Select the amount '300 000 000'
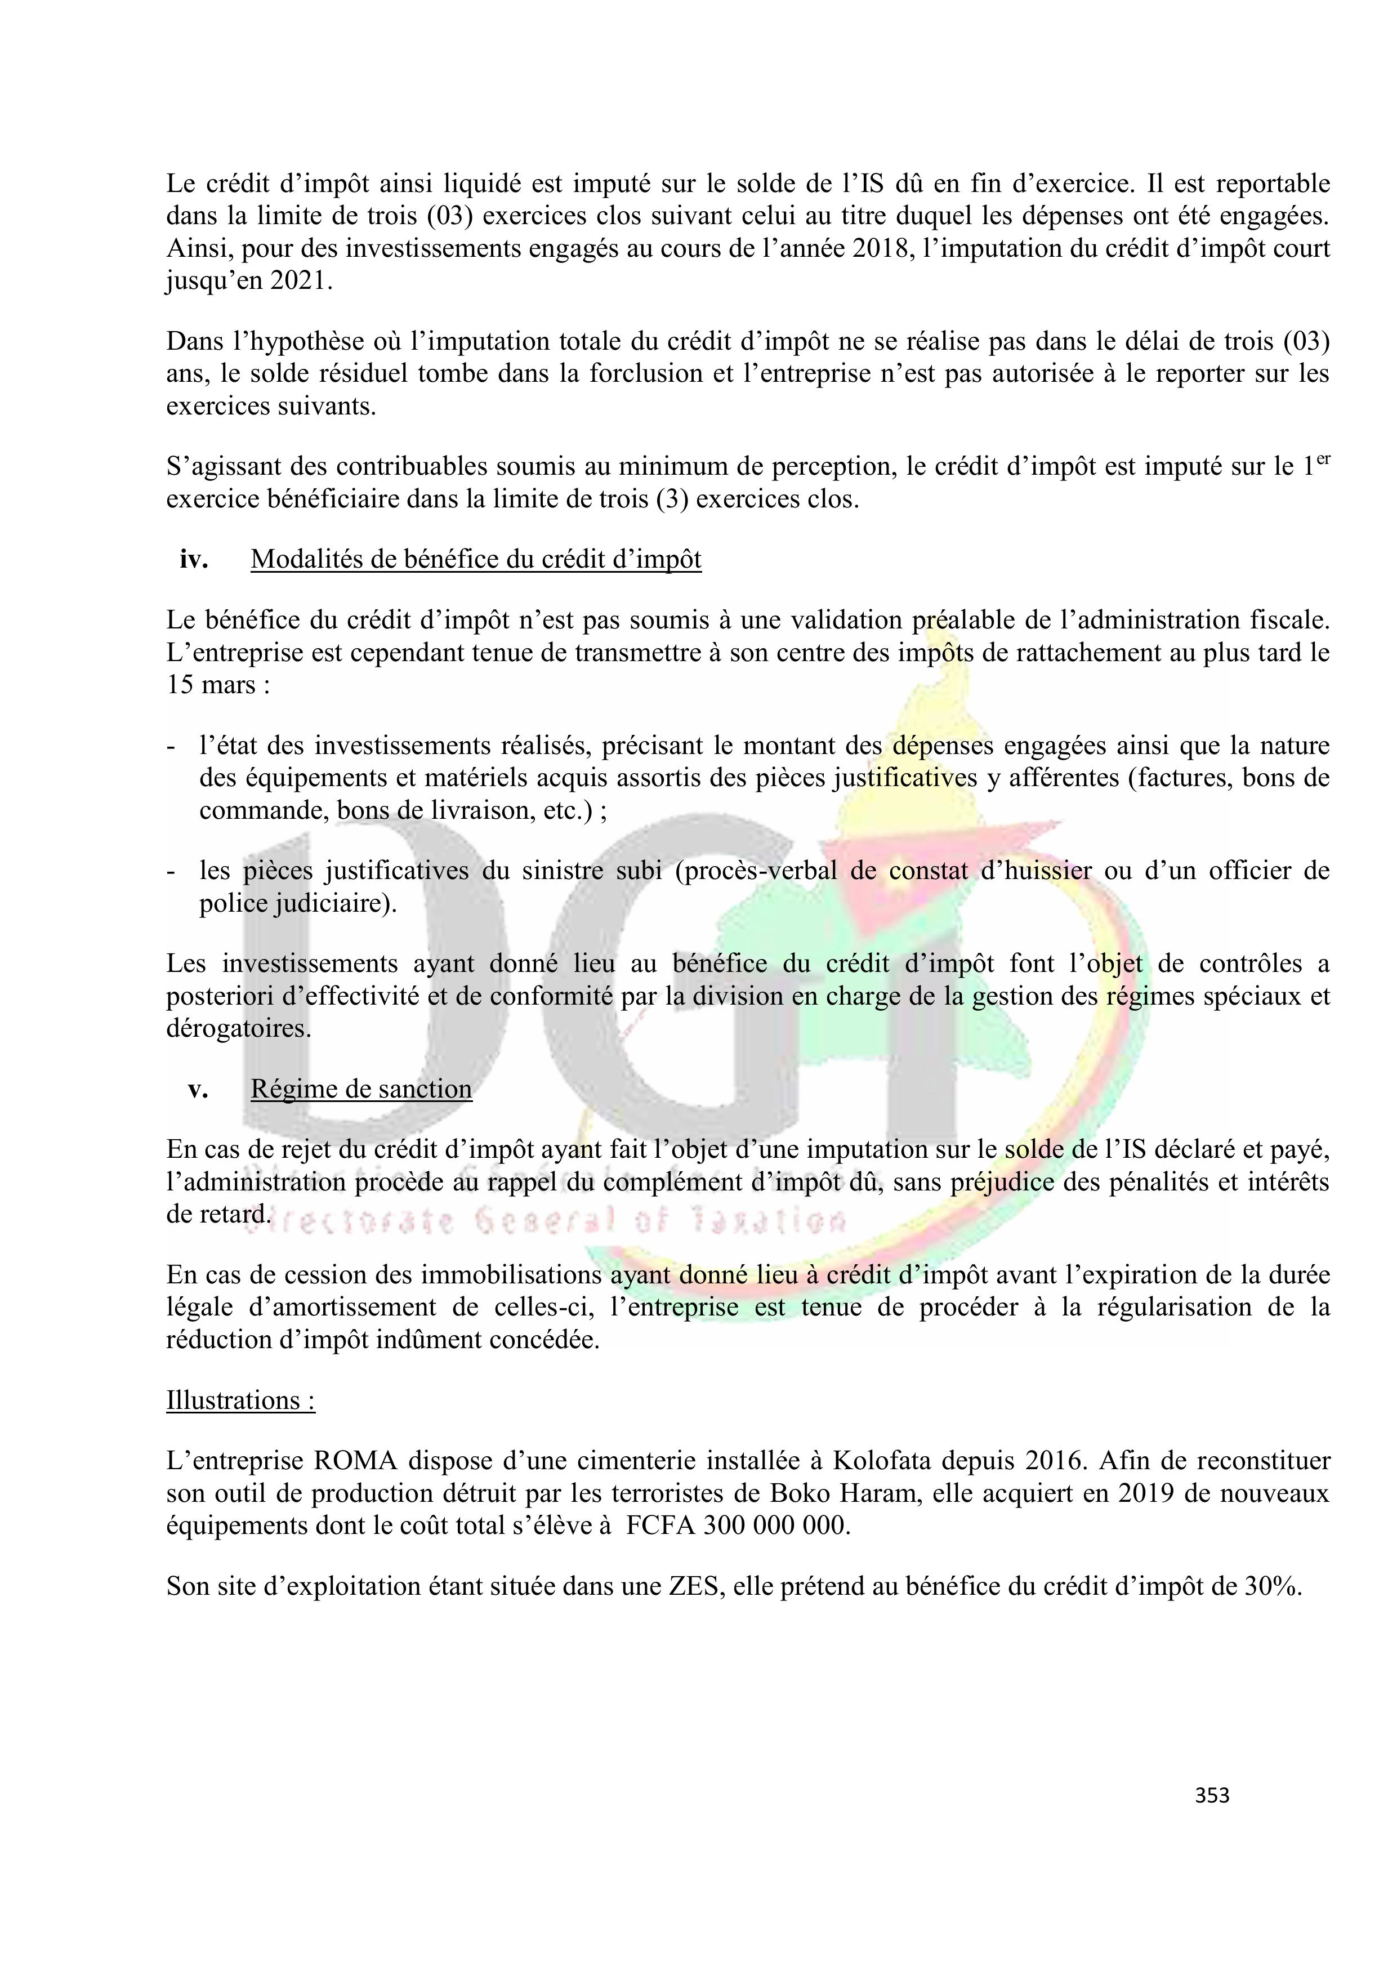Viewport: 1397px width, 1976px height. coord(775,1526)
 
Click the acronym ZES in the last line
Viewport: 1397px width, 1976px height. coord(693,1586)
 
